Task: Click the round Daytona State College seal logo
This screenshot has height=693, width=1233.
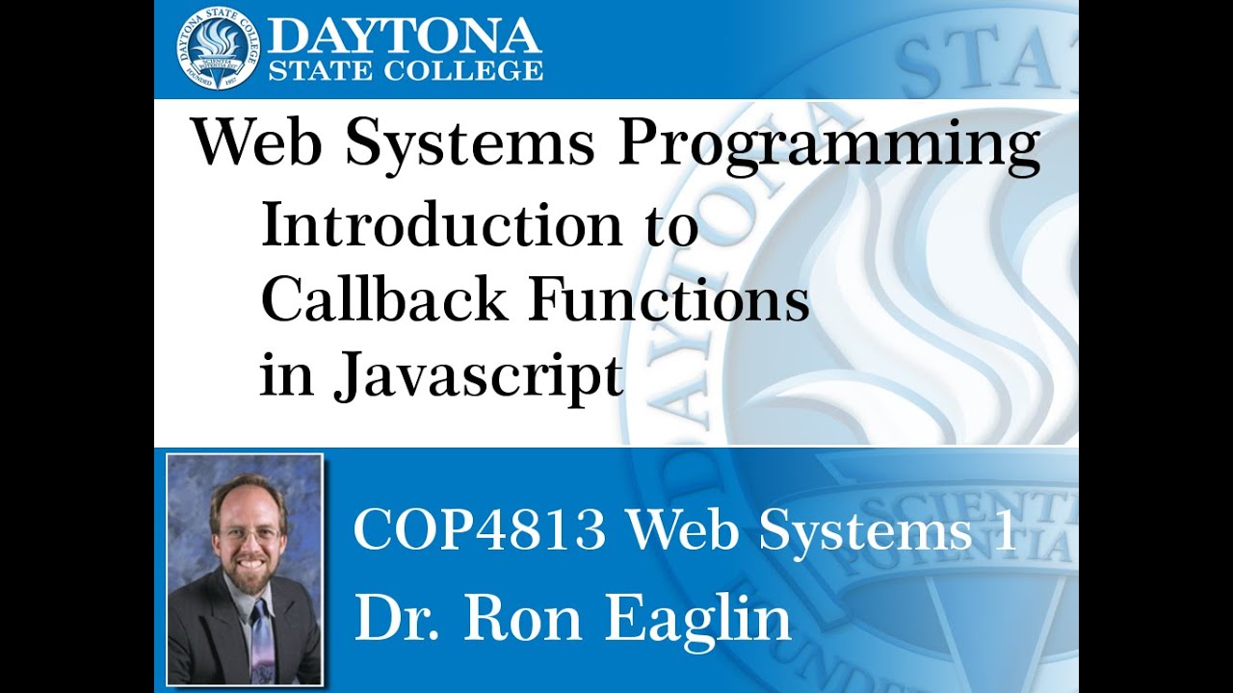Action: [218, 48]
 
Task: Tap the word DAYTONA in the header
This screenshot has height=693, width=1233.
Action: [405, 36]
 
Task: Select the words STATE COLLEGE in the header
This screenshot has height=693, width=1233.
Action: [405, 70]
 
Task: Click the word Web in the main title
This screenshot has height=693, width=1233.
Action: [258, 144]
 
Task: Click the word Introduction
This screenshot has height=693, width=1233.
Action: [441, 227]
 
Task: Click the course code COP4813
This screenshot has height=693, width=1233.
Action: [480, 530]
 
